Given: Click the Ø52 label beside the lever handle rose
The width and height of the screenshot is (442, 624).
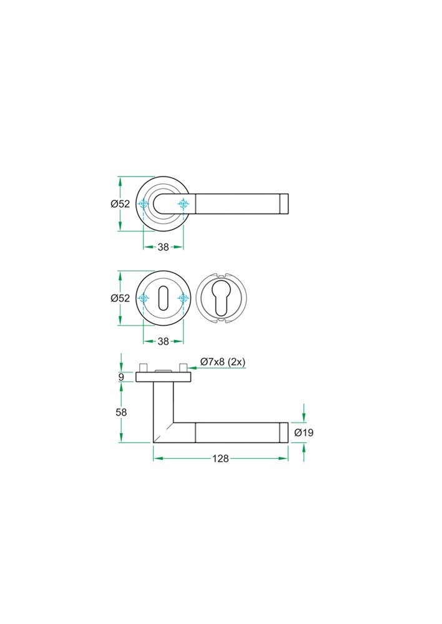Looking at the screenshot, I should click(x=120, y=204).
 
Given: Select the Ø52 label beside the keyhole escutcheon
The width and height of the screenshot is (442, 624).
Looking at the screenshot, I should click(x=120, y=298).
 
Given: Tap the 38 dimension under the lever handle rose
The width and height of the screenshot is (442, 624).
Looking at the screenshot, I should click(x=163, y=247).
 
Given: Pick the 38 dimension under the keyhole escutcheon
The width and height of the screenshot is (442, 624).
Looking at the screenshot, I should click(x=163, y=341).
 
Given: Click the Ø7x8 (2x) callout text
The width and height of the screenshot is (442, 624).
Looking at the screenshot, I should click(x=222, y=362).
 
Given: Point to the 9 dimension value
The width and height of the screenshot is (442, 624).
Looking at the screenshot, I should click(x=121, y=376).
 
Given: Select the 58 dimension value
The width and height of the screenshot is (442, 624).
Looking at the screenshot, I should click(x=121, y=412).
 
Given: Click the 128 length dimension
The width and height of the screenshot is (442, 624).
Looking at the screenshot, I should click(x=220, y=459).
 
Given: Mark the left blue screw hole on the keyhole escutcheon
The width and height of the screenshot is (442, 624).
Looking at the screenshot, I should click(x=144, y=299).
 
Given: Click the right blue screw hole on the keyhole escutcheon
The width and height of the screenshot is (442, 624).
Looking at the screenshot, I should click(x=183, y=299).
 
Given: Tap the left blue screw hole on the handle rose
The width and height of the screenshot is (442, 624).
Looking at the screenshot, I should click(x=144, y=204).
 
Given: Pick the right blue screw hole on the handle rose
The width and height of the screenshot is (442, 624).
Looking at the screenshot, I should click(x=183, y=204).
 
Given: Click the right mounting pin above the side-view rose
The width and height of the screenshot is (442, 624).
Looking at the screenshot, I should click(x=183, y=368).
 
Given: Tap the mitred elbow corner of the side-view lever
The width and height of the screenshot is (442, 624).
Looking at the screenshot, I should click(x=163, y=432).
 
